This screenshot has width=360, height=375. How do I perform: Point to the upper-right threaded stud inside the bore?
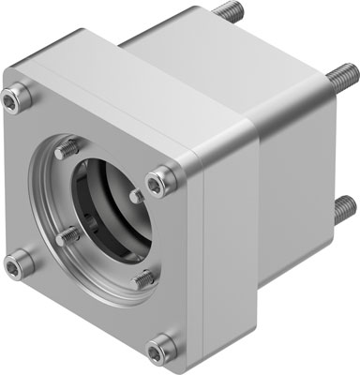(x=137, y=196)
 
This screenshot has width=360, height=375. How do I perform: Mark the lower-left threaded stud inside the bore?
(x=66, y=235)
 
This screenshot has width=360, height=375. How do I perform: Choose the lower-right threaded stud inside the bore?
(x=142, y=277)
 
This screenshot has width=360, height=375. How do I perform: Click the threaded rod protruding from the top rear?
(x=225, y=13)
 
